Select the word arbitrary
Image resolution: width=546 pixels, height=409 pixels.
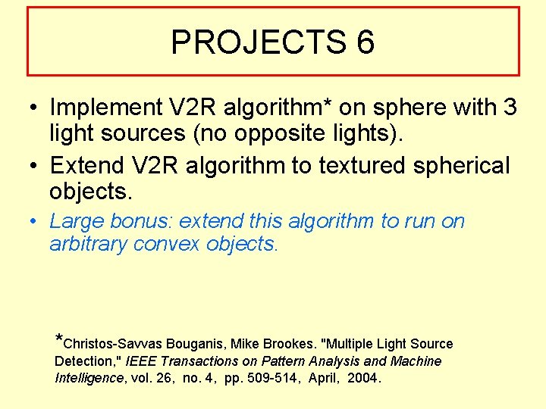point(88,244)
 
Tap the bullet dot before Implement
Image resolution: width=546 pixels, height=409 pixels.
point(36,108)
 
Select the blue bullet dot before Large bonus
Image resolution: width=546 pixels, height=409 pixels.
point(36,221)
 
